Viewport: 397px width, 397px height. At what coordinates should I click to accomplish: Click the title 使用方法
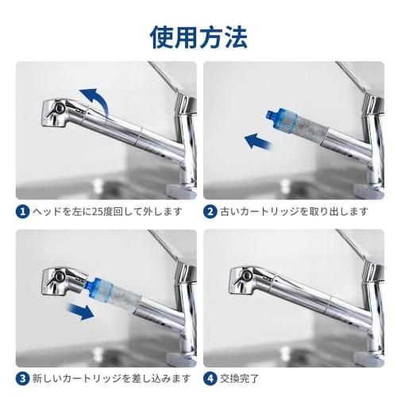[x=198, y=37]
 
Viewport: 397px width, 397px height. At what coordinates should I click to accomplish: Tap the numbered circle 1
[x=23, y=212]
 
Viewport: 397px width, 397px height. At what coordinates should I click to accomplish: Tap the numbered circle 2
[x=211, y=212]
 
